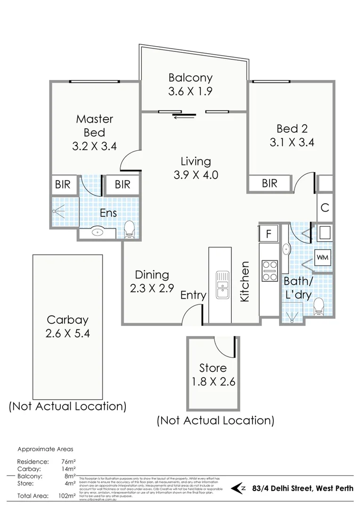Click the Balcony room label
(x=190, y=78)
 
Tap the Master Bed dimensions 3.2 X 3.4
(x=94, y=146)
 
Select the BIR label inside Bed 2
(x=270, y=183)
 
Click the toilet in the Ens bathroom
(x=129, y=230)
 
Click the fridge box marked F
(x=269, y=234)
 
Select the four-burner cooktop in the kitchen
(x=270, y=271)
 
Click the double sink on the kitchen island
(x=221, y=284)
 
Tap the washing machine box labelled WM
(x=322, y=257)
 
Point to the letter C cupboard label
(x=325, y=207)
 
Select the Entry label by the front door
(x=193, y=296)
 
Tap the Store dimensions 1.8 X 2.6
(x=213, y=381)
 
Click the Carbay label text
(x=67, y=320)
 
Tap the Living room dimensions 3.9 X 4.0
(x=196, y=175)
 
